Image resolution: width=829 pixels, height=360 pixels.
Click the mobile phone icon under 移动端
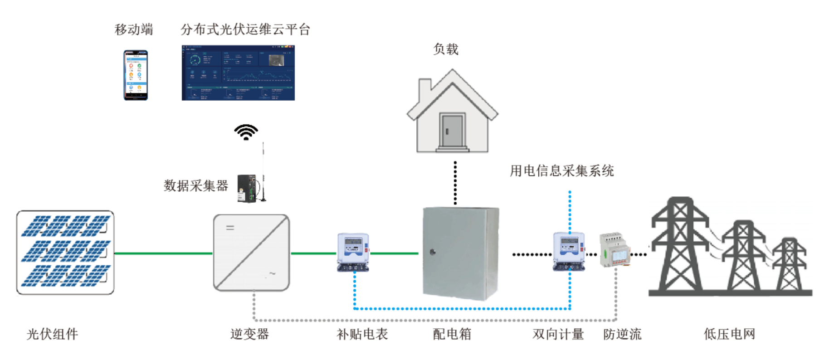tap(136, 75)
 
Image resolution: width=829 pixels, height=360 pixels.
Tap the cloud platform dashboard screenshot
tap(238, 73)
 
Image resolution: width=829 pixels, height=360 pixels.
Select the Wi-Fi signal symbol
tap(246, 132)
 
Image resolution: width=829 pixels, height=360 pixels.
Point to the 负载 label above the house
tap(446, 49)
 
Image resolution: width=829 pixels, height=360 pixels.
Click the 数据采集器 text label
tap(195, 185)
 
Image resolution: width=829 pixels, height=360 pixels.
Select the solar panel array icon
tap(65, 252)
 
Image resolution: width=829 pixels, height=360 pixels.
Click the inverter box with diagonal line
tap(251, 253)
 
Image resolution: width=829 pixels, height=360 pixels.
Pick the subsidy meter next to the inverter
tap(353, 252)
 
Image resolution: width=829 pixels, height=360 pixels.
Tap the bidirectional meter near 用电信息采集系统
tap(569, 252)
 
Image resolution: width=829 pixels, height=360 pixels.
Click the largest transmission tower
tap(679, 247)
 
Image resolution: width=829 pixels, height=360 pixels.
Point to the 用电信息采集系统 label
tap(561, 171)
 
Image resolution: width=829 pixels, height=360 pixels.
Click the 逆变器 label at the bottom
tap(249, 334)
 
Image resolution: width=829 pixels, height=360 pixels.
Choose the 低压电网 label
tap(729, 334)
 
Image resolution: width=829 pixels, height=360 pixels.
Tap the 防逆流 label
tap(622, 334)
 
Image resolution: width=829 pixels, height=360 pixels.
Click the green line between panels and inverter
tap(163, 253)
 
